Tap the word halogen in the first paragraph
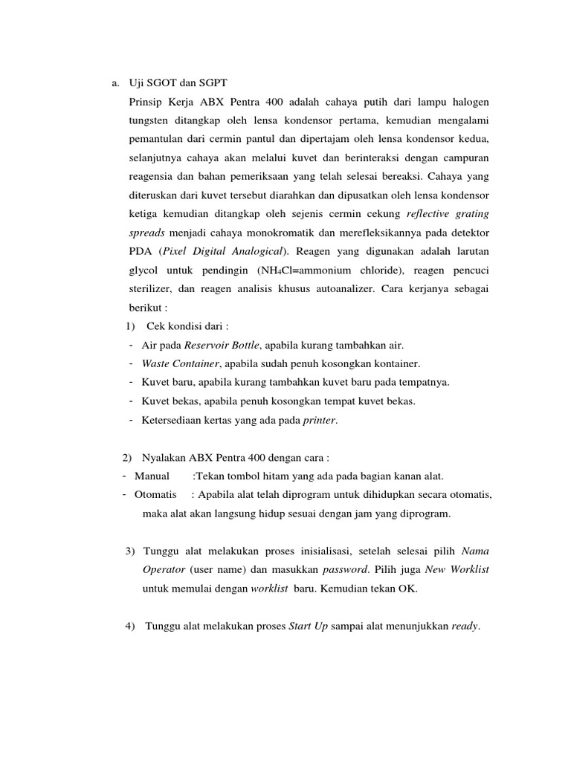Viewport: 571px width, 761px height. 470,101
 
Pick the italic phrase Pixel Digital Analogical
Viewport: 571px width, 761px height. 220,250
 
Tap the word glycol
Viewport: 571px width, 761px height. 145,270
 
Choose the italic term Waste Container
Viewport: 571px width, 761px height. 180,363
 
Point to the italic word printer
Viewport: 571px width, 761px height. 320,420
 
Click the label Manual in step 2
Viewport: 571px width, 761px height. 152,476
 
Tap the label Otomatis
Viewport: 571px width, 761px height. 155,494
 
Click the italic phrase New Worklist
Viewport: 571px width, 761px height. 457,570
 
